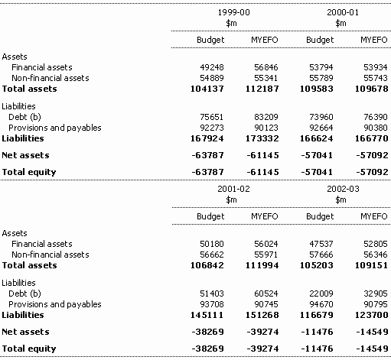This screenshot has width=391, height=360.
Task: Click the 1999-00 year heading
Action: pos(233,12)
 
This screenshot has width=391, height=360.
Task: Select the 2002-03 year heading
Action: pos(343,189)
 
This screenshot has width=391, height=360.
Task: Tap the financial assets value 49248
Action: pos(212,67)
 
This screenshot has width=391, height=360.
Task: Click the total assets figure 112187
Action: pos(262,89)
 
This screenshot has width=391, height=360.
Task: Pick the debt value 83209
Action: pos(266,117)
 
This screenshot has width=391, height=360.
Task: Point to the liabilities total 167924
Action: pos(207,138)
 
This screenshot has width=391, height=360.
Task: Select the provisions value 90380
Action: pos(376,128)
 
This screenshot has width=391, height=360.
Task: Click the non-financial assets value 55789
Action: pos(321,78)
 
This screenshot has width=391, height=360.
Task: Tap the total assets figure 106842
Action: pos(207,265)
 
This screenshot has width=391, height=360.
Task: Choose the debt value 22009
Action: pos(321,294)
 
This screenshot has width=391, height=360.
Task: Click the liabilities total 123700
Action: pos(372,315)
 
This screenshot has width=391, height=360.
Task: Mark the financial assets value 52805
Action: pos(376,244)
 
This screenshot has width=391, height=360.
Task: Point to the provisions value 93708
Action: pos(212,304)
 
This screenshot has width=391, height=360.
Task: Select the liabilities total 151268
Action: pos(262,315)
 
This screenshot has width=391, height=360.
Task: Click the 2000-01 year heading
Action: pos(343,12)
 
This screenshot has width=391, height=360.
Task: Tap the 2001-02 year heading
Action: pos(233,189)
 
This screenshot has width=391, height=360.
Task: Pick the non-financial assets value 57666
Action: pos(321,255)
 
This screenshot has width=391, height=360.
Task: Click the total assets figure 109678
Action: pos(372,89)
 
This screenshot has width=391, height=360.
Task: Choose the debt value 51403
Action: pos(212,294)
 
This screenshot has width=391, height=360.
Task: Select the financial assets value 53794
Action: pos(321,67)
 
